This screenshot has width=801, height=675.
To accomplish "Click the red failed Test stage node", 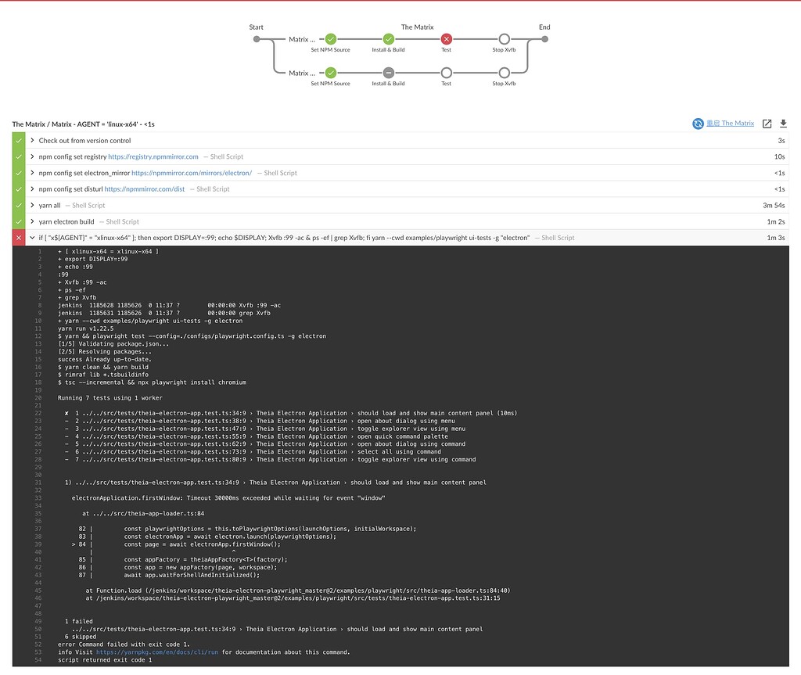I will tap(446, 38).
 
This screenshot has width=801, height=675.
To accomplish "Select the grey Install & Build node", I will tap(388, 73).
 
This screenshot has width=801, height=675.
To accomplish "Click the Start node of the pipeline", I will tap(257, 38).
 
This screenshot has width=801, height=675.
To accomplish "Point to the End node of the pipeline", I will tap(544, 38).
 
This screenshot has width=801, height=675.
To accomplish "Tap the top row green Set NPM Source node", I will tap(330, 38).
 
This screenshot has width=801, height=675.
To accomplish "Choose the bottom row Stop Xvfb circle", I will tap(504, 73).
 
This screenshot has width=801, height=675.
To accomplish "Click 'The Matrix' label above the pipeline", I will tap(417, 27).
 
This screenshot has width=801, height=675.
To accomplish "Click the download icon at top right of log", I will tap(783, 124).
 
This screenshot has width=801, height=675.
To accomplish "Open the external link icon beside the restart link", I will tap(767, 124).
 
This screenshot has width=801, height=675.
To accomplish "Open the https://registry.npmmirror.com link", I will tap(153, 156).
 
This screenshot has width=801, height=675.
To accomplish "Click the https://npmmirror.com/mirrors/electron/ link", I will tap(192, 173).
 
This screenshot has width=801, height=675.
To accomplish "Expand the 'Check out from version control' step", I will tap(32, 141).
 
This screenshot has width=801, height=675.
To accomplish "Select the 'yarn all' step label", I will tap(49, 205).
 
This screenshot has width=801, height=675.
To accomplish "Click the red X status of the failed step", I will tap(19, 238).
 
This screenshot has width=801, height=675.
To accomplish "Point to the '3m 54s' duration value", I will tap(773, 205).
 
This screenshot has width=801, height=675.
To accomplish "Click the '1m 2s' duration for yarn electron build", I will tap(775, 221).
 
